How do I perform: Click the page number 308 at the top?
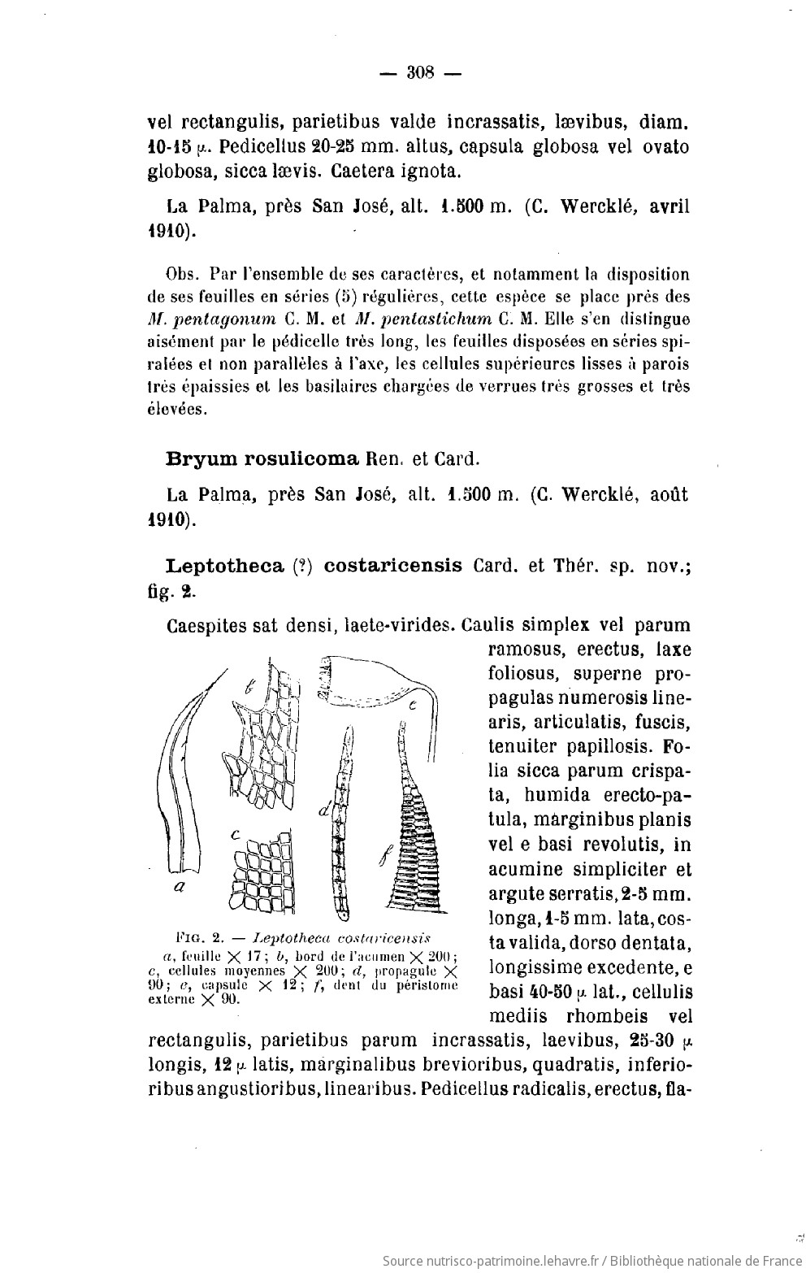421,72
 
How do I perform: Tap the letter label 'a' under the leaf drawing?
179,888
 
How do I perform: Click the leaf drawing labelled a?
183,772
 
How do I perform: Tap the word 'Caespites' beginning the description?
206,626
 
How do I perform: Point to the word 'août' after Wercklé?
665,494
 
